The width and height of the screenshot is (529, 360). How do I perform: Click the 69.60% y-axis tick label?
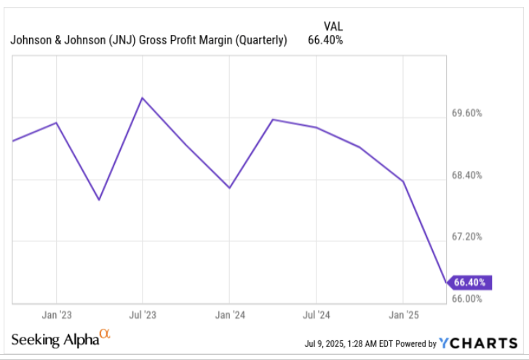coord(468,114)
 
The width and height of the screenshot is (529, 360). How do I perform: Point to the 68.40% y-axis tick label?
coord(468,175)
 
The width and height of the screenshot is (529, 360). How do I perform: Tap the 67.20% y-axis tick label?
coord(468,237)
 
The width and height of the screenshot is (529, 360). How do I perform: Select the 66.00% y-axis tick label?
coord(468,298)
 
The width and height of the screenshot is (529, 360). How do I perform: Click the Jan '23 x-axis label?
coord(57,315)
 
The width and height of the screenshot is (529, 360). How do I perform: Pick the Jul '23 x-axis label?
coord(143,315)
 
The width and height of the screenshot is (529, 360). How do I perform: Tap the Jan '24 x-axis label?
coord(229,315)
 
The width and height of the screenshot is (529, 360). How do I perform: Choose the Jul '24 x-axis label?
coord(315,315)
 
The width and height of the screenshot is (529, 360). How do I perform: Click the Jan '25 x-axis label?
coord(402,315)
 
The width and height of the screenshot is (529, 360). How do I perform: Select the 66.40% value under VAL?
coord(325,39)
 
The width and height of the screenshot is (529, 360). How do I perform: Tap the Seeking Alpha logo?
coord(60,339)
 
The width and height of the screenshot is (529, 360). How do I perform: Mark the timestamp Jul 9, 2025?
coord(330,343)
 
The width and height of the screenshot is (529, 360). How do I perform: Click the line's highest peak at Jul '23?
coord(143,97)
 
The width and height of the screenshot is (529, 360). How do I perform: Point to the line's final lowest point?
coord(446,281)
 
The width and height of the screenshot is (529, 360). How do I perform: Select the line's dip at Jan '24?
coord(229,188)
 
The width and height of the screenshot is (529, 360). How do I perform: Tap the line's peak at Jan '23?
coord(57,123)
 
